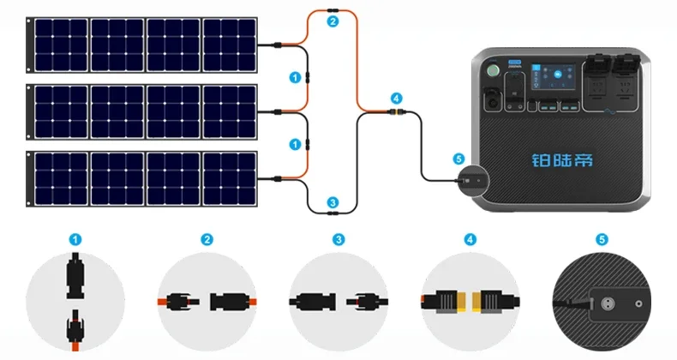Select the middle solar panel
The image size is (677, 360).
pyautogui.click(x=144, y=111)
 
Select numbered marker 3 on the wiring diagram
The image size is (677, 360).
pyautogui.click(x=333, y=201)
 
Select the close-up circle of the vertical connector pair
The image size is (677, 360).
pyautogui.click(x=75, y=301)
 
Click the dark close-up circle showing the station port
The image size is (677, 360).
pyautogui.click(x=602, y=301)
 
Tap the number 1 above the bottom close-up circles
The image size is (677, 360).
pyautogui.click(x=75, y=240)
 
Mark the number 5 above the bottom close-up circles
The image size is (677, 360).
pyautogui.click(x=602, y=240)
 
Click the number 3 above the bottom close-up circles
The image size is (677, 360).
pyautogui.click(x=338, y=240)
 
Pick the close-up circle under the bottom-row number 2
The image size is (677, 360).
pyautogui.click(x=207, y=301)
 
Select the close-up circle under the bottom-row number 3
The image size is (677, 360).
pyautogui.click(x=338, y=301)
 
